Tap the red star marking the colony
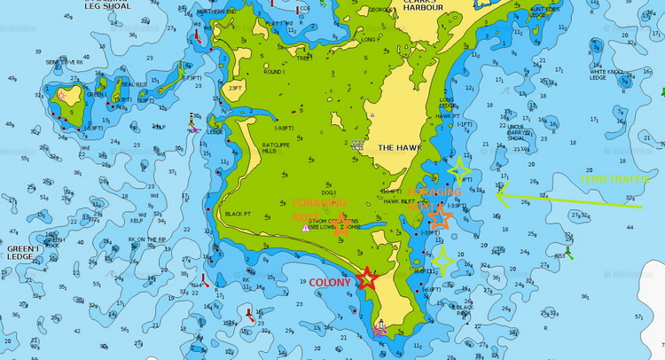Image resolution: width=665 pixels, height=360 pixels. pyautogui.click(x=367, y=279)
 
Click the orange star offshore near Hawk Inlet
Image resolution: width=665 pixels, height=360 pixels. pyautogui.click(x=440, y=215)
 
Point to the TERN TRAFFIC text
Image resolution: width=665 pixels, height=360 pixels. pyautogui.click(x=611, y=179)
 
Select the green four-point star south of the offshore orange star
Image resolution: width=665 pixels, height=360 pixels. pyautogui.click(x=443, y=261)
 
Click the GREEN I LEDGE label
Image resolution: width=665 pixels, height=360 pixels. pyautogui.click(x=21, y=254)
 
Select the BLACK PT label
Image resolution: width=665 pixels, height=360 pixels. pyautogui.click(x=239, y=214)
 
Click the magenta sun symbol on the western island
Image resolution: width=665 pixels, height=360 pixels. pyautogui.click(x=63, y=95)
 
